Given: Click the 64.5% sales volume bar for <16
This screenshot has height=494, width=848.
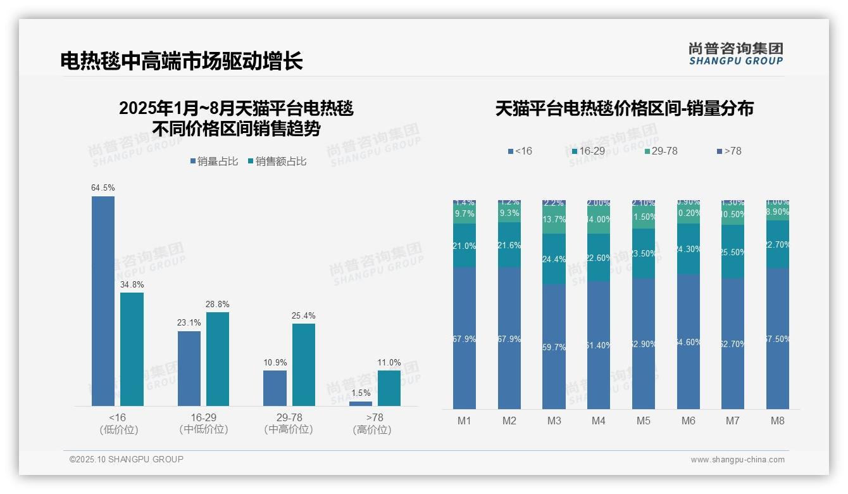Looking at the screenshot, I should click(x=103, y=301).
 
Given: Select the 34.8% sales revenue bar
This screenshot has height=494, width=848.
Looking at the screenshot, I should click(x=132, y=349).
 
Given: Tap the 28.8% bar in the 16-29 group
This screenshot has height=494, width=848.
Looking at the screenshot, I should click(x=218, y=358).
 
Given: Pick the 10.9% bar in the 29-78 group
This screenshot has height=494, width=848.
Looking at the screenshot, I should click(x=275, y=388).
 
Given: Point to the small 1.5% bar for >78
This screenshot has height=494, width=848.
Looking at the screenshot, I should click(x=361, y=403).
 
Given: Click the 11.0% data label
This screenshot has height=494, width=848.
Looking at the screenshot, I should click(x=389, y=363).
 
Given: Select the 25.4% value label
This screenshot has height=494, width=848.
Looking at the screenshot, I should click(x=304, y=316).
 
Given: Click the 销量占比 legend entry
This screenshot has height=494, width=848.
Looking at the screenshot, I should click(x=214, y=161).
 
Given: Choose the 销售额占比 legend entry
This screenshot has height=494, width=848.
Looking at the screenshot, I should click(x=277, y=161).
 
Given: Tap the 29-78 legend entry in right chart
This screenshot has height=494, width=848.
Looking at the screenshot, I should click(x=661, y=151).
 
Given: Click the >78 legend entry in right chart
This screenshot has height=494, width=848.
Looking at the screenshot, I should click(x=728, y=151).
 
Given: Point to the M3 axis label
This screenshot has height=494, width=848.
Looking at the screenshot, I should click(x=554, y=421).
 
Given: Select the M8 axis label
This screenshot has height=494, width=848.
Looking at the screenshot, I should click(x=777, y=421).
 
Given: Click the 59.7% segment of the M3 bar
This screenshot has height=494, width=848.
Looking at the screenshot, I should click(x=554, y=346).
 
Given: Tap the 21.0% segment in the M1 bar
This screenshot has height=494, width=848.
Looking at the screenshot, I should click(x=465, y=245).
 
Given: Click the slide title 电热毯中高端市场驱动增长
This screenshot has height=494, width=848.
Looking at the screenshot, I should click(x=182, y=61).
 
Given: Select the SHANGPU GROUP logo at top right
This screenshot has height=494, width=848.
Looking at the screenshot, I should click(x=735, y=54).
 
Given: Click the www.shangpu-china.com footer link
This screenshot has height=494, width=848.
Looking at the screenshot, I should click(x=737, y=460).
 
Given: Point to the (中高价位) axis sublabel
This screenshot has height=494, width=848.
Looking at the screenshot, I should click(x=289, y=429).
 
